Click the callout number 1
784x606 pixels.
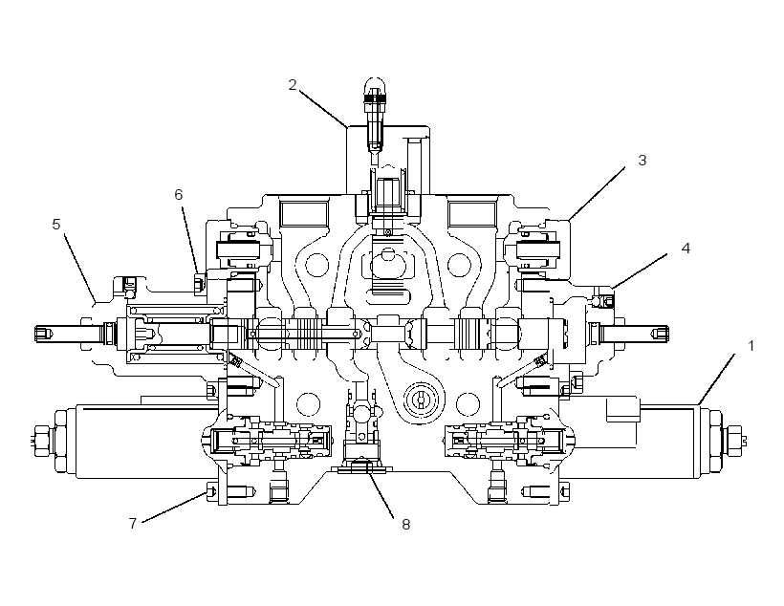click(x=750, y=346)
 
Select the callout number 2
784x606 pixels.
click(x=293, y=85)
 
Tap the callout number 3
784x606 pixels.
click(x=642, y=160)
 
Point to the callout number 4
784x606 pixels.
click(x=686, y=248)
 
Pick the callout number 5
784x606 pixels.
click(x=56, y=224)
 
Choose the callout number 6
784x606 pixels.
click(x=179, y=194)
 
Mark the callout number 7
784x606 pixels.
click(x=133, y=523)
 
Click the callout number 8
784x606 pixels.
click(x=406, y=524)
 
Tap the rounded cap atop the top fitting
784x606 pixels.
click(x=375, y=85)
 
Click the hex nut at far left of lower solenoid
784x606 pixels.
click(x=39, y=440)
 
